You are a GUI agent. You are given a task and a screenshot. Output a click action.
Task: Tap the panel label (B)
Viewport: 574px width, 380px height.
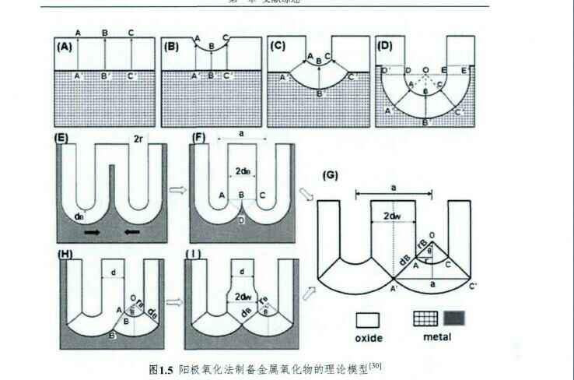pos(173,46)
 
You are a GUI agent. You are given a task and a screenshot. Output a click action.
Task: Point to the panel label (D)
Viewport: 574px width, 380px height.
pos(383,46)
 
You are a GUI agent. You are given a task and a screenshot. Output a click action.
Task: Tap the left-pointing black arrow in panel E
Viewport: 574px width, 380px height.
pos(131,232)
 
